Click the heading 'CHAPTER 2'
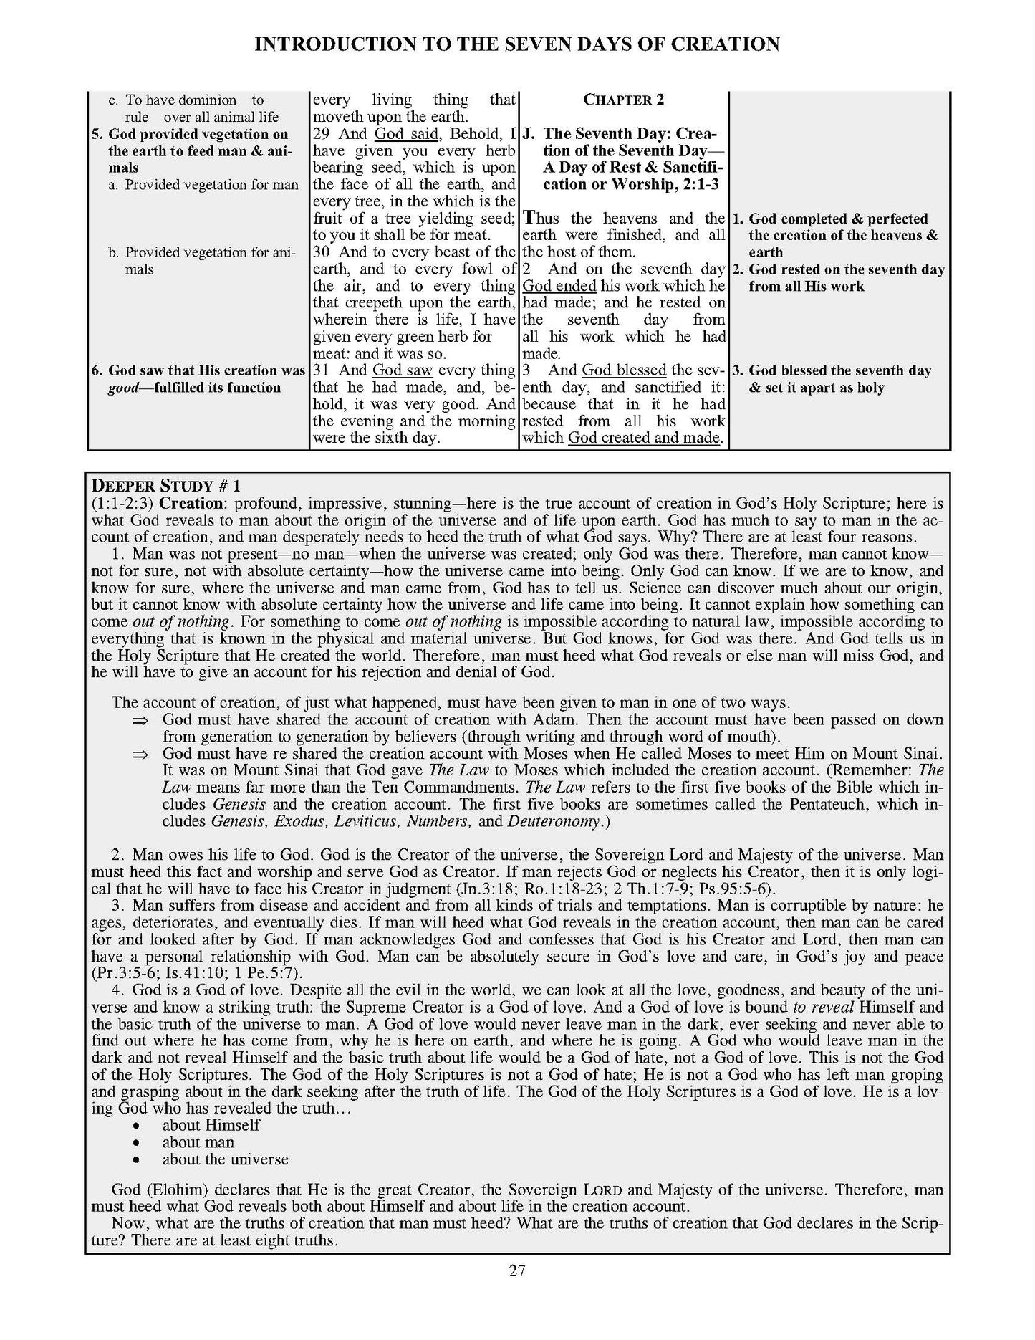[623, 100]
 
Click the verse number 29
[322, 134]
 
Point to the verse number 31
[322, 370]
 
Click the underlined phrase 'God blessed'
[624, 370]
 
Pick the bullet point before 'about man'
[146, 1142]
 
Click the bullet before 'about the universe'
[146, 1159]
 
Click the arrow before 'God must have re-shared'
[140, 754]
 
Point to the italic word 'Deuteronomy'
[554, 821]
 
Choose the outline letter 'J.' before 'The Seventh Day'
[531, 134]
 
